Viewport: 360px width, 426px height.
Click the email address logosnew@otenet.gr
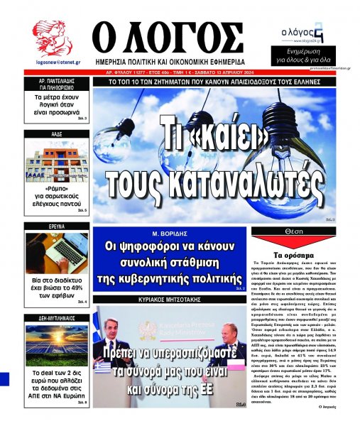[52, 62]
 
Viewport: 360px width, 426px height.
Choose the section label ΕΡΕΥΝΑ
[55, 226]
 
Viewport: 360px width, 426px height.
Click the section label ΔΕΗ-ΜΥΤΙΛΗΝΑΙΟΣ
[55, 319]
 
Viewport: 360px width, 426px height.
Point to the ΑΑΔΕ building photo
[55, 161]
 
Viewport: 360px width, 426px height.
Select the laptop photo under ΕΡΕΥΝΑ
[55, 253]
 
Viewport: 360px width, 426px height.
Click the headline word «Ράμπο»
[54, 191]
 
